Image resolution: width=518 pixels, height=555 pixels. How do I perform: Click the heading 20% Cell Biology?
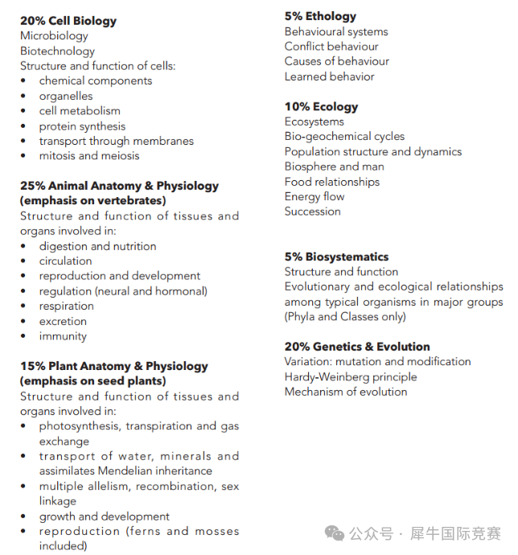click(68, 21)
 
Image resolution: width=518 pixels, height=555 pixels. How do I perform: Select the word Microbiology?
click(54, 35)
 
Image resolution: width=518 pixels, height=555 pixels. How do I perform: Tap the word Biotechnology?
click(57, 51)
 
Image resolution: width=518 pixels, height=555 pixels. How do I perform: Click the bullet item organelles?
click(66, 96)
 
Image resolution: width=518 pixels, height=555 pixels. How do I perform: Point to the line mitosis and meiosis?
click(89, 155)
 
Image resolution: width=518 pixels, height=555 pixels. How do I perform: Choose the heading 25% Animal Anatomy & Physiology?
click(119, 186)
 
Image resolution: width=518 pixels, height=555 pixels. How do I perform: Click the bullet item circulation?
click(65, 261)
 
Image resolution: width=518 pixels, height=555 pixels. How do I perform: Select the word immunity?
click(63, 336)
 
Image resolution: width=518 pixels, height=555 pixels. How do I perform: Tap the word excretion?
click(63, 321)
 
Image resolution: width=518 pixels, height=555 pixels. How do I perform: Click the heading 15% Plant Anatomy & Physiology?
click(113, 366)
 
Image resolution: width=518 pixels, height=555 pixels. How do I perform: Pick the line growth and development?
click(105, 516)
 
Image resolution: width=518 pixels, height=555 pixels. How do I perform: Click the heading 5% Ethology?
click(320, 16)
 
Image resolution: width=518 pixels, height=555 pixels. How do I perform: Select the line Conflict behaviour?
click(331, 47)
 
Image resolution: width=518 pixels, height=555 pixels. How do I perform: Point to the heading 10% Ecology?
click(321, 106)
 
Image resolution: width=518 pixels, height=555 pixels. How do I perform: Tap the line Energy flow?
click(314, 196)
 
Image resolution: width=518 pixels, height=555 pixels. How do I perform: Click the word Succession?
click(312, 212)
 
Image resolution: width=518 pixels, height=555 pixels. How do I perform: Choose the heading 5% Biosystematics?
click(336, 257)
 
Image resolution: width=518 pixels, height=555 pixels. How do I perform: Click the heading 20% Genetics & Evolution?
click(357, 347)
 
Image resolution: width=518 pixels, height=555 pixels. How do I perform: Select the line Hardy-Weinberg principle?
click(351, 376)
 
